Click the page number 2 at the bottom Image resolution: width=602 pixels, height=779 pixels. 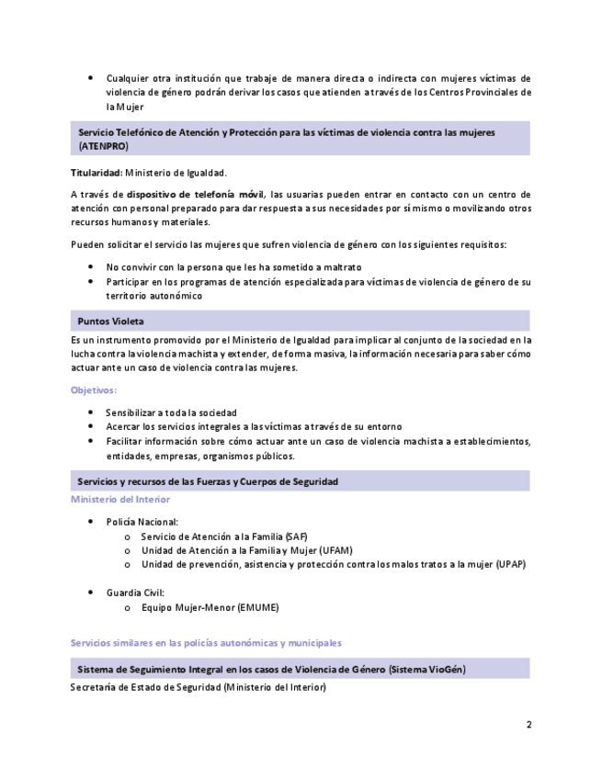(528, 724)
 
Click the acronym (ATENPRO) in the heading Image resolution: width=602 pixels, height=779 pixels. (104, 146)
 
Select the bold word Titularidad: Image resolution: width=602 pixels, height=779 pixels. (97, 173)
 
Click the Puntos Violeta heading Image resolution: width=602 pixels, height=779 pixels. (110, 322)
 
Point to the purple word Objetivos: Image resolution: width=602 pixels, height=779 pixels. (94, 390)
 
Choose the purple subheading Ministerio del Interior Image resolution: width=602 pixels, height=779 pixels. (120, 500)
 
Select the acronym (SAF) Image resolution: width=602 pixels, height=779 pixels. (296, 536)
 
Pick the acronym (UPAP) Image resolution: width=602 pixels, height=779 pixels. (509, 564)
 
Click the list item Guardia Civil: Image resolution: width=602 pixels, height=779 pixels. (135, 593)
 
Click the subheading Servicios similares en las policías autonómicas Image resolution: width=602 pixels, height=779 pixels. (206, 643)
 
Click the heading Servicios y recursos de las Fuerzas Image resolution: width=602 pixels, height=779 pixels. (208, 481)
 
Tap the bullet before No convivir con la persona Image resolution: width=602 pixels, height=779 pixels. (90, 267)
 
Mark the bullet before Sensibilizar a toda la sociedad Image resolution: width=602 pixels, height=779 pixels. (90, 412)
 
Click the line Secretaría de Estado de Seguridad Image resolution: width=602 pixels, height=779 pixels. (198, 686)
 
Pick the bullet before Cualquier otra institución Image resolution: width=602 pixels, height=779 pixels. (90, 78)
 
